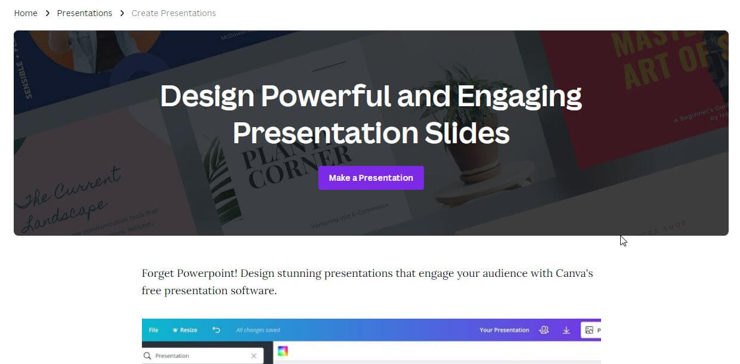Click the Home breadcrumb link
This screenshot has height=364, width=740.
point(26,13)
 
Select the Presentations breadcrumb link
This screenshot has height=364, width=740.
point(84,13)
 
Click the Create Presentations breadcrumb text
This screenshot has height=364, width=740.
point(174,13)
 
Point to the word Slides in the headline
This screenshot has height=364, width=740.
point(467,133)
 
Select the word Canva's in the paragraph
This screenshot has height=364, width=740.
point(574,273)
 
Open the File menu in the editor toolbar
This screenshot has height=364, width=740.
point(153,330)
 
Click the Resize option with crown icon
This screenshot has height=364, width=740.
point(185,330)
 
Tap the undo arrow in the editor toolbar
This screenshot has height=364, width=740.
point(216,330)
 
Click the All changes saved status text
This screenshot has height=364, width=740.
point(258,330)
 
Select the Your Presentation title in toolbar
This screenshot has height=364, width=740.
point(504,330)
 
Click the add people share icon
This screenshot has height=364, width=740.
point(544,330)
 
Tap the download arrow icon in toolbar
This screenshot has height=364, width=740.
point(566,330)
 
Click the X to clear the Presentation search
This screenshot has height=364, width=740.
point(254,356)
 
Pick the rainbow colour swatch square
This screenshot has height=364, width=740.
point(283,351)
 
